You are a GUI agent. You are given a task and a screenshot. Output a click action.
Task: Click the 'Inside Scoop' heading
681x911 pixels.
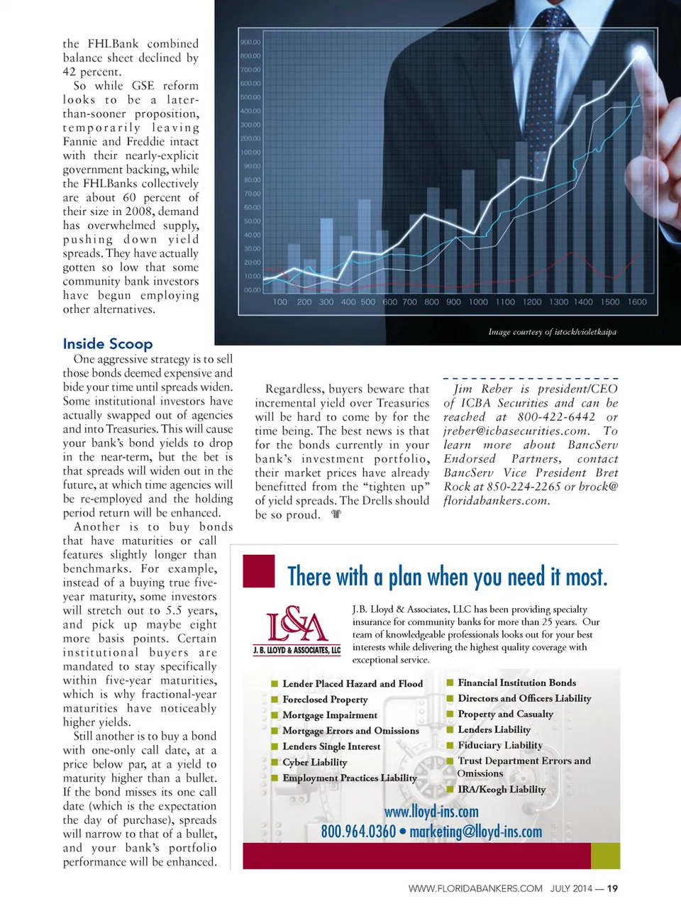tap(108, 344)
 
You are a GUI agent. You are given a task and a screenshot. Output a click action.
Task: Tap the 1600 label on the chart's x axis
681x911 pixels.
tap(637, 302)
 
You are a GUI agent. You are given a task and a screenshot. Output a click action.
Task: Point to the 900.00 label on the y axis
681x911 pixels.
tap(250, 43)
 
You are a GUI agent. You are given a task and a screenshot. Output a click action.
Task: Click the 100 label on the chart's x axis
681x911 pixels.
tap(280, 302)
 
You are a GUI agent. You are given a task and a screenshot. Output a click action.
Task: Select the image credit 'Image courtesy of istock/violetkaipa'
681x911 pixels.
tap(552, 331)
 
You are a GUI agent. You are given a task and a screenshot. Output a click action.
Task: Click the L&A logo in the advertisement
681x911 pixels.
tap(297, 630)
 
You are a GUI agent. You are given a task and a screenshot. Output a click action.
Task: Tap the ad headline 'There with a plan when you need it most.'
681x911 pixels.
tap(447, 577)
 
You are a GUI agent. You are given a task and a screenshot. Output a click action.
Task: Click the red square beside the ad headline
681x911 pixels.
tap(258, 570)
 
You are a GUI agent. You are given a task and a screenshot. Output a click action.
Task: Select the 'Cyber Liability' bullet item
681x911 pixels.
tap(314, 762)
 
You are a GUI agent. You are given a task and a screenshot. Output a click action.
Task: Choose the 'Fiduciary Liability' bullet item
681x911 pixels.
tap(499, 745)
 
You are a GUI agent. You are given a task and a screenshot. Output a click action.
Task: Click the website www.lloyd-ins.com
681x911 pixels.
tap(431, 812)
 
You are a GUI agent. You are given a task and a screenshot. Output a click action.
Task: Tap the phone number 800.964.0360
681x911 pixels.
tap(358, 832)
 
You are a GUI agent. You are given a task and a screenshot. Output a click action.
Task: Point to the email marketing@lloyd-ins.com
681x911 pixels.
tap(475, 832)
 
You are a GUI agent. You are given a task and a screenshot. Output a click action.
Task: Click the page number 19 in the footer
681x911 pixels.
tap(612, 888)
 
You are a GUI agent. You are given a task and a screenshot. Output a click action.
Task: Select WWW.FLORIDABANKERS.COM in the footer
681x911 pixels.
tap(475, 888)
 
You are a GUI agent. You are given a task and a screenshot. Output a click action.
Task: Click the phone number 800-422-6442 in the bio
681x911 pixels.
tap(556, 417)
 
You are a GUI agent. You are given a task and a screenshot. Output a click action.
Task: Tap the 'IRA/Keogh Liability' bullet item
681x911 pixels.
tap(502, 789)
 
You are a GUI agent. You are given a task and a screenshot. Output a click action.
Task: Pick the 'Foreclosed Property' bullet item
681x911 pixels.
tap(325, 699)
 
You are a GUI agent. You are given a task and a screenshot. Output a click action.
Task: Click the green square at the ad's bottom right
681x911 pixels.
tap(605, 856)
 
